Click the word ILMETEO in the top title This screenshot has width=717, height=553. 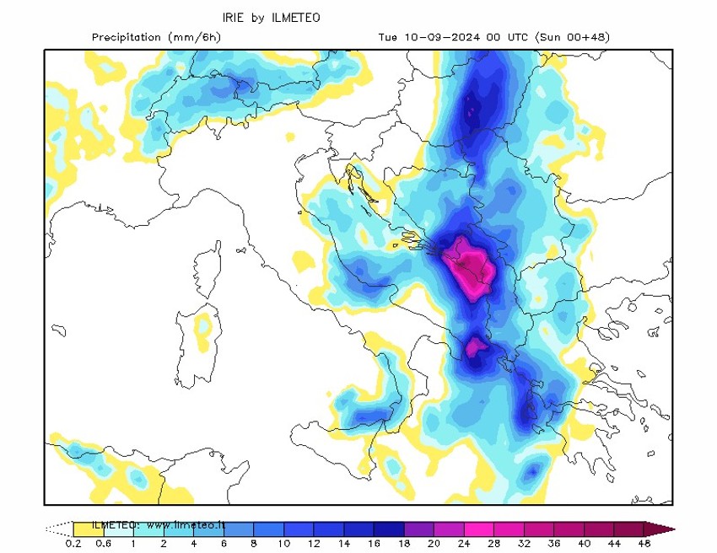pos(297,17)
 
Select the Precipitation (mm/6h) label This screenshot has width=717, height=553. pos(156,37)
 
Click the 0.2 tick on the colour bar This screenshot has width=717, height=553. pos(74,543)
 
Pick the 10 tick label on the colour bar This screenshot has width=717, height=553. pos(284,543)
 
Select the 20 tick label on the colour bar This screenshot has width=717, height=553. pos(434,543)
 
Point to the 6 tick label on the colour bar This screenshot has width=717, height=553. pos(224,543)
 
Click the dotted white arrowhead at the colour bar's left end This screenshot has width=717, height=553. pos(57,529)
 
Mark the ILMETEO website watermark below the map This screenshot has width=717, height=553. pos(159,525)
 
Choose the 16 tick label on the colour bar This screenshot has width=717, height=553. pos(374,543)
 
